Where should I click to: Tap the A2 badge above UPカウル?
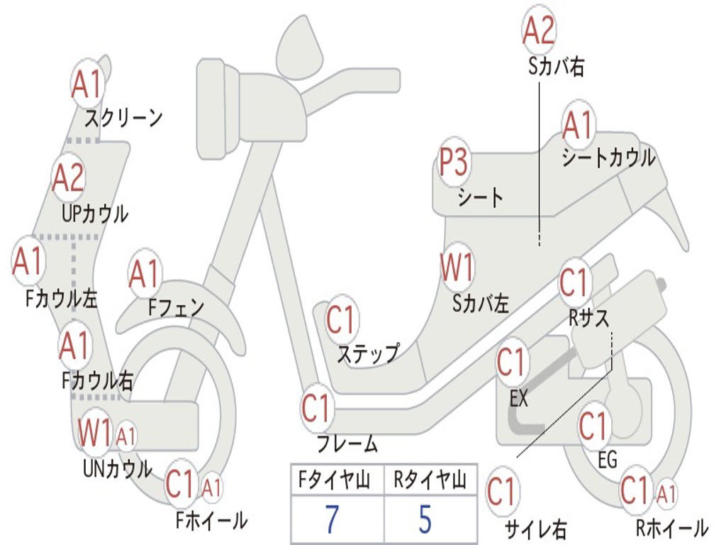pyautogui.click(x=69, y=178)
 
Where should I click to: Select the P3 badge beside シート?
pyautogui.click(x=453, y=164)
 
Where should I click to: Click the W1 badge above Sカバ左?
pyautogui.click(x=457, y=268)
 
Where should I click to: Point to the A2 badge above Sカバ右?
pyautogui.click(x=539, y=31)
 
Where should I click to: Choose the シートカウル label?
pyautogui.click(x=608, y=158)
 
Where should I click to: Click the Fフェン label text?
pyautogui.click(x=176, y=307)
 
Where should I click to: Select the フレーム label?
pyautogui.click(x=347, y=444)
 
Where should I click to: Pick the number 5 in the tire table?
pyautogui.click(x=425, y=519)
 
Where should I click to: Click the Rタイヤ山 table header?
pyautogui.click(x=430, y=482)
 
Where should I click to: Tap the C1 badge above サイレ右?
pyautogui.click(x=503, y=492)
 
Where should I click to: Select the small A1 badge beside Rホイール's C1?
pyautogui.click(x=666, y=492)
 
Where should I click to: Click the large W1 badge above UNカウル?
pyautogui.click(x=95, y=432)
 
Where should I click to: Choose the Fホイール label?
pyautogui.click(x=211, y=521)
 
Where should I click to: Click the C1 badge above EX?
pyautogui.click(x=512, y=362)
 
